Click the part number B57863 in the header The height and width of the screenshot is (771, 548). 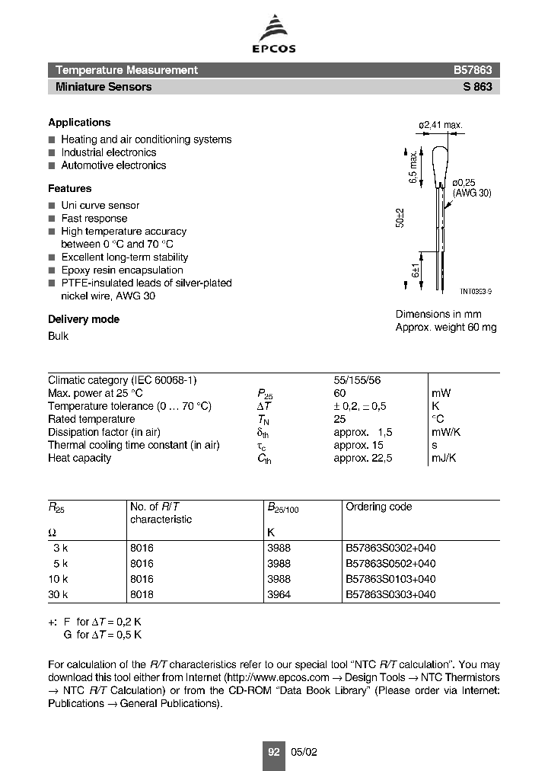473,70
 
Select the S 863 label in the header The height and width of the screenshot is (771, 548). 477,87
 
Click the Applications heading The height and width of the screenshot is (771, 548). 79,123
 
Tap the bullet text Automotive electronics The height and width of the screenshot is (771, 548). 113,165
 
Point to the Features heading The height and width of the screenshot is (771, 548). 69,188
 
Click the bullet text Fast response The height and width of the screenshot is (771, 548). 94,219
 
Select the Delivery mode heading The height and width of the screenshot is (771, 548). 84,319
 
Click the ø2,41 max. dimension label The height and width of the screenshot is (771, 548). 441,125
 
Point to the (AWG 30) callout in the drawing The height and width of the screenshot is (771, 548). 472,194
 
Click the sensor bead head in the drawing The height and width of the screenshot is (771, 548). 440,164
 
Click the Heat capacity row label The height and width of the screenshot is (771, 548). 79,458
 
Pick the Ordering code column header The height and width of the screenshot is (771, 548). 378,507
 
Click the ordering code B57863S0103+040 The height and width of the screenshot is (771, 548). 390,579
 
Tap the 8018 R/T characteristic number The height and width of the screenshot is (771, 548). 142,594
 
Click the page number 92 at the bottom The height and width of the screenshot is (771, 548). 274,752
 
